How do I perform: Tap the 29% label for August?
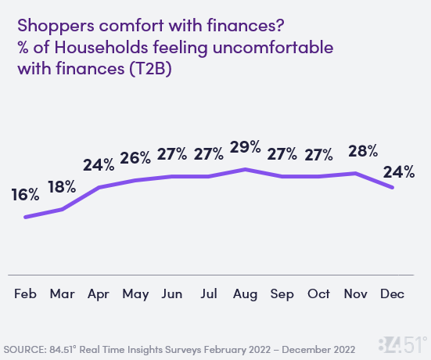(x=246, y=147)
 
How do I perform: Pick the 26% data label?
(x=135, y=158)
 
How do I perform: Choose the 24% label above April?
(x=99, y=165)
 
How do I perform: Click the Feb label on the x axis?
(x=26, y=295)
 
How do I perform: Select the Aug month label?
(x=246, y=295)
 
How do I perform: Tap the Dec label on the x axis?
(x=393, y=295)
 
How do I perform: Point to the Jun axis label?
(x=172, y=295)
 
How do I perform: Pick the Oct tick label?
(x=319, y=295)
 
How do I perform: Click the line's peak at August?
(x=246, y=169)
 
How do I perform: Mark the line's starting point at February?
(x=26, y=217)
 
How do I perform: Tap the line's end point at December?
(x=393, y=187)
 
